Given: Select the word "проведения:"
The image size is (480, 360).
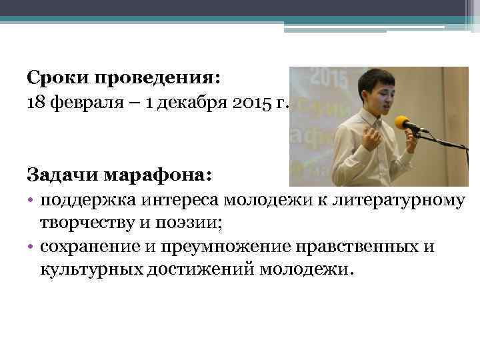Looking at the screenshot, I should click(x=156, y=79).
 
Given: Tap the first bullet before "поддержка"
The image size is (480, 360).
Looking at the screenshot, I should click(x=31, y=199).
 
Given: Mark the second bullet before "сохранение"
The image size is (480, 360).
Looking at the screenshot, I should click(x=31, y=247).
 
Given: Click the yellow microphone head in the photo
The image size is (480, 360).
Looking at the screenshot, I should click(x=403, y=123).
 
